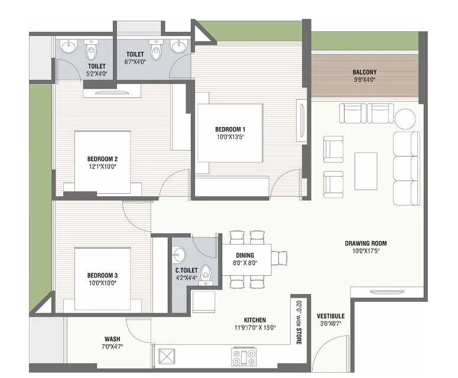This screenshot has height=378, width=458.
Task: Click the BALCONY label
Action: click(x=365, y=72)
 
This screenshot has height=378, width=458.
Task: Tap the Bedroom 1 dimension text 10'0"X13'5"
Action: click(x=230, y=136)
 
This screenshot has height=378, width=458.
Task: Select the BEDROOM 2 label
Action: click(x=102, y=159)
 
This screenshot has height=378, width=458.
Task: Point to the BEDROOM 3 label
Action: click(x=102, y=275)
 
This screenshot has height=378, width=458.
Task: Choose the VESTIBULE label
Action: click(x=330, y=316)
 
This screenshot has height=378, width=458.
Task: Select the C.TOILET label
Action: click(x=186, y=271)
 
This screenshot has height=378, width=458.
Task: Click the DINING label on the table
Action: click(x=245, y=256)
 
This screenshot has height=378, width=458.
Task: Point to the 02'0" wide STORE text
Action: click(x=299, y=322)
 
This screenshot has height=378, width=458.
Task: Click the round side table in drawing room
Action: click(x=405, y=119)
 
